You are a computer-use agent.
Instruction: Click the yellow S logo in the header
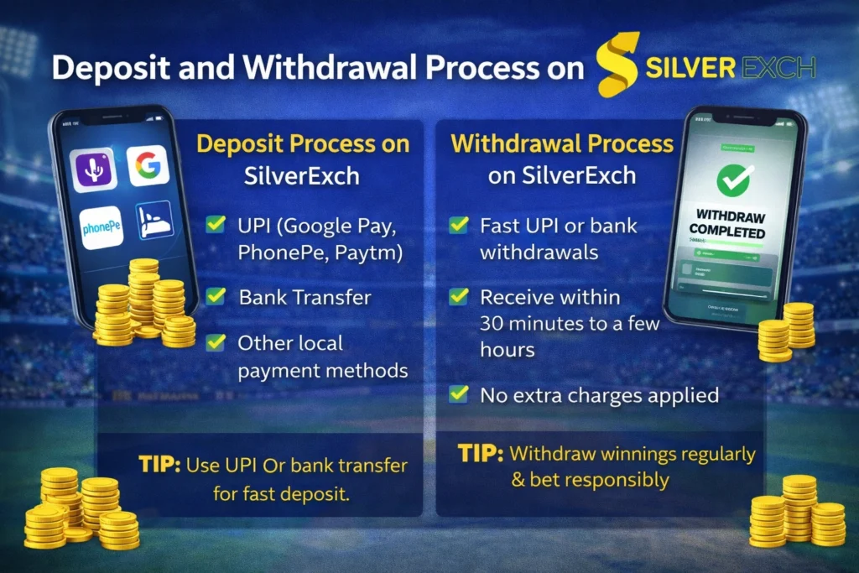[617, 65]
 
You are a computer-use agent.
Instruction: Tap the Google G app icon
[148, 166]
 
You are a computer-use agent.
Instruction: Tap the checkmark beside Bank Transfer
[216, 295]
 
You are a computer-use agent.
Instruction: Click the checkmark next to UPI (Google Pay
[216, 224]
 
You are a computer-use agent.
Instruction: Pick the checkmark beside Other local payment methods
[216, 341]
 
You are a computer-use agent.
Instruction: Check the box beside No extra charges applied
[458, 393]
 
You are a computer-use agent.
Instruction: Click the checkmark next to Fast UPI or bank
[458, 225]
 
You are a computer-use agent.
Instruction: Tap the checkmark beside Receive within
[458, 296]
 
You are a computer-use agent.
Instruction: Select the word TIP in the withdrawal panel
[481, 454]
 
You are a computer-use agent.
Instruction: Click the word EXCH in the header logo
[776, 67]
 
